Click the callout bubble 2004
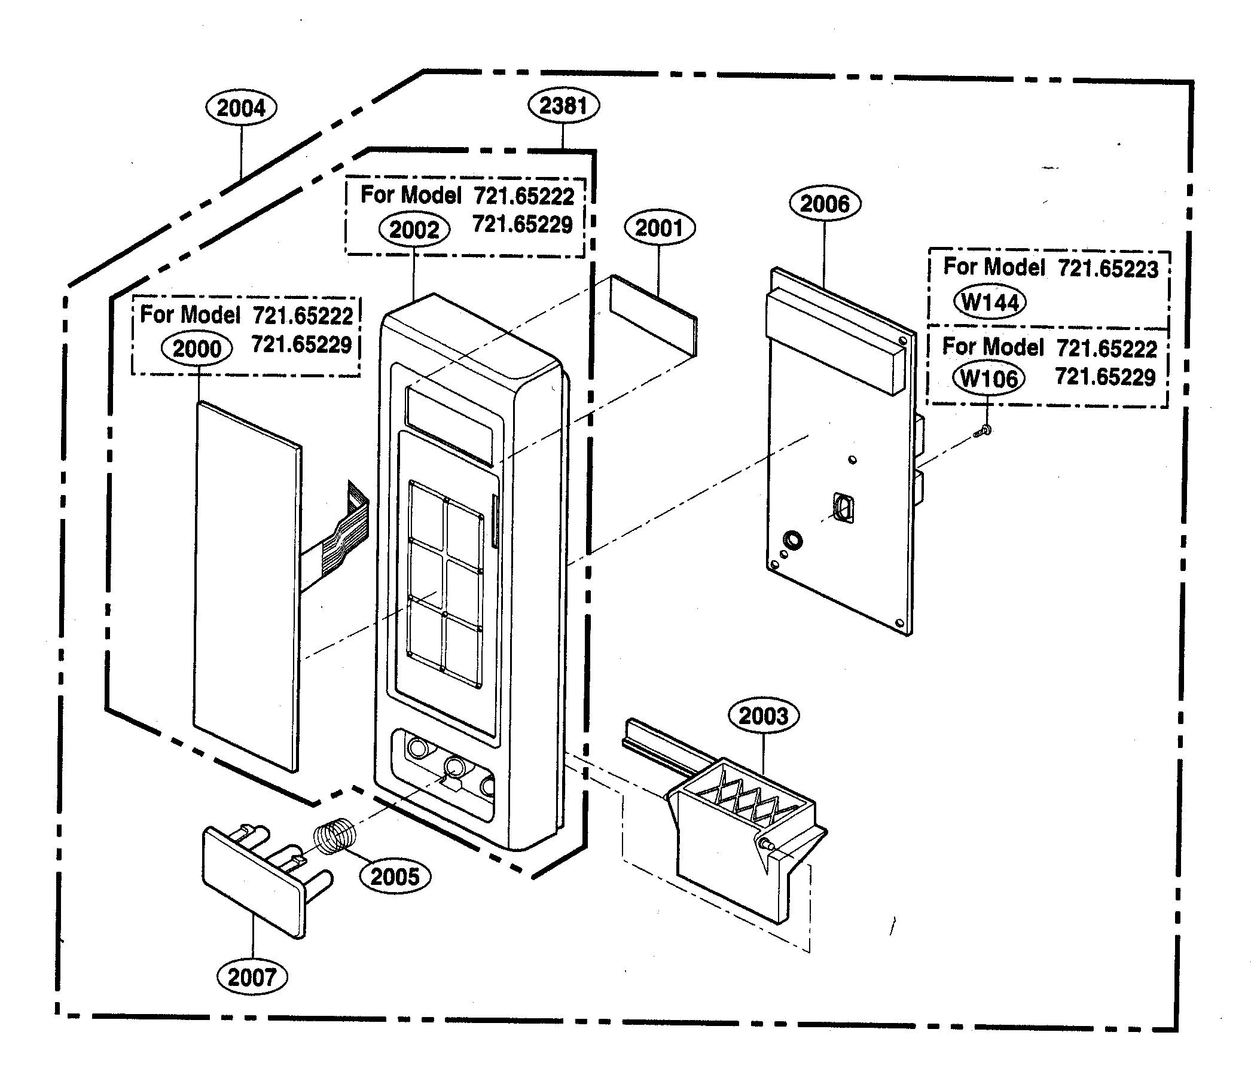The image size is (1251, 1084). click(x=242, y=108)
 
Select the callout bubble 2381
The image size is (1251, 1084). click(x=563, y=105)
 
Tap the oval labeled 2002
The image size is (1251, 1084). click(x=414, y=230)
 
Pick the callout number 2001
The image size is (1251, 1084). click(x=660, y=228)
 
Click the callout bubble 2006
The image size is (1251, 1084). click(x=825, y=204)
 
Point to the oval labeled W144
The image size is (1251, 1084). click(x=990, y=302)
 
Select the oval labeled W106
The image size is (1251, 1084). click(x=988, y=378)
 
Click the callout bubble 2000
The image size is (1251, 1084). click(x=197, y=349)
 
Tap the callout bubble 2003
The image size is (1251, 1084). click(x=764, y=716)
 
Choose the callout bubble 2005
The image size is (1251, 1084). click(x=395, y=877)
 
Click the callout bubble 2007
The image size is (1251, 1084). click(x=252, y=977)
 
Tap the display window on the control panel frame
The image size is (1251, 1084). click(x=449, y=425)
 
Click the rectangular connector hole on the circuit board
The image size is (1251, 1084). click(x=844, y=507)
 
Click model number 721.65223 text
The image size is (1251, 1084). click(x=1107, y=269)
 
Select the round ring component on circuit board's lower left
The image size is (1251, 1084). click(x=792, y=539)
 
